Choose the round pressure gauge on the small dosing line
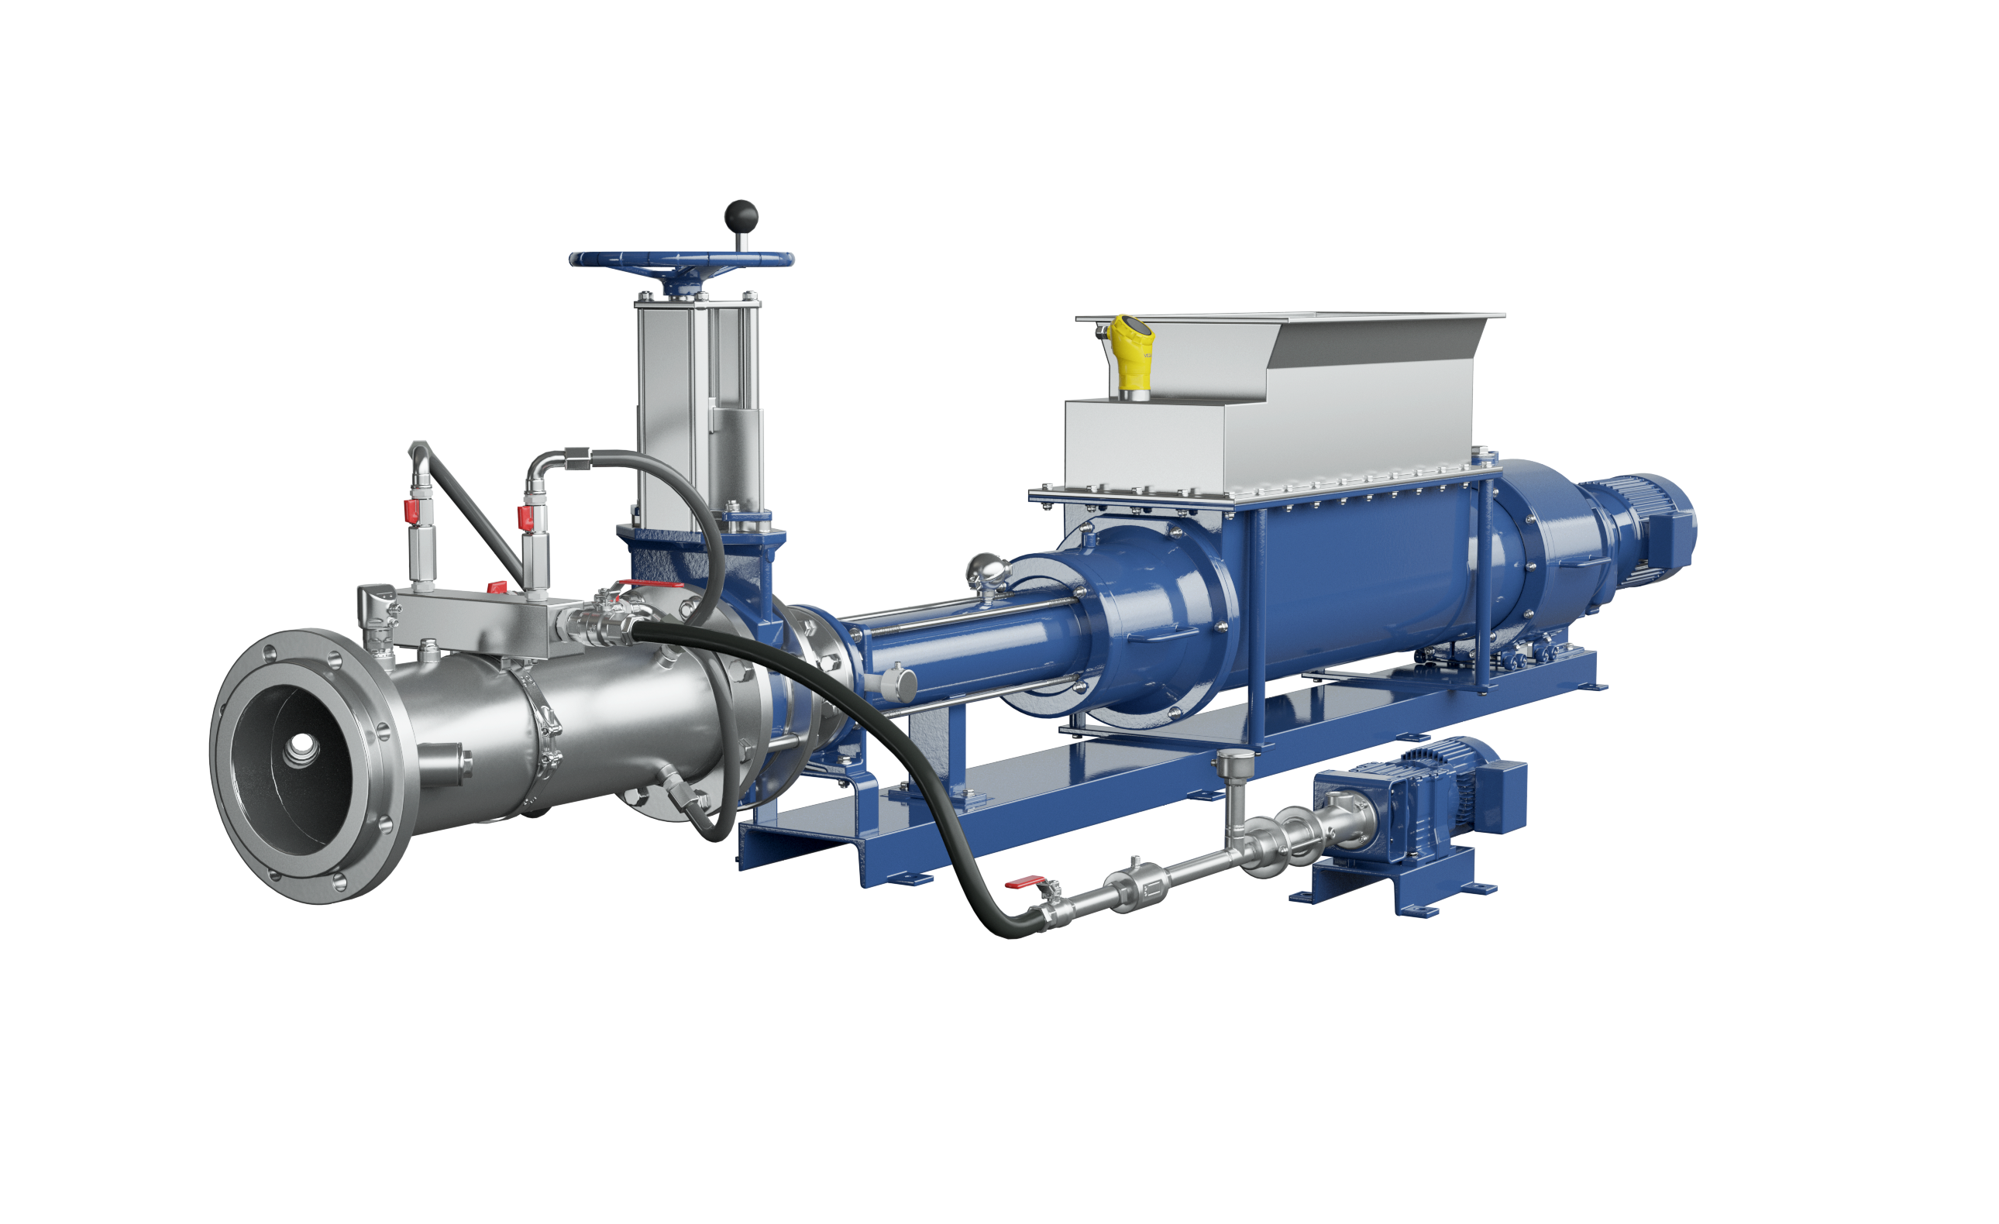click(1234, 762)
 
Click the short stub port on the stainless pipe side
click(454, 760)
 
